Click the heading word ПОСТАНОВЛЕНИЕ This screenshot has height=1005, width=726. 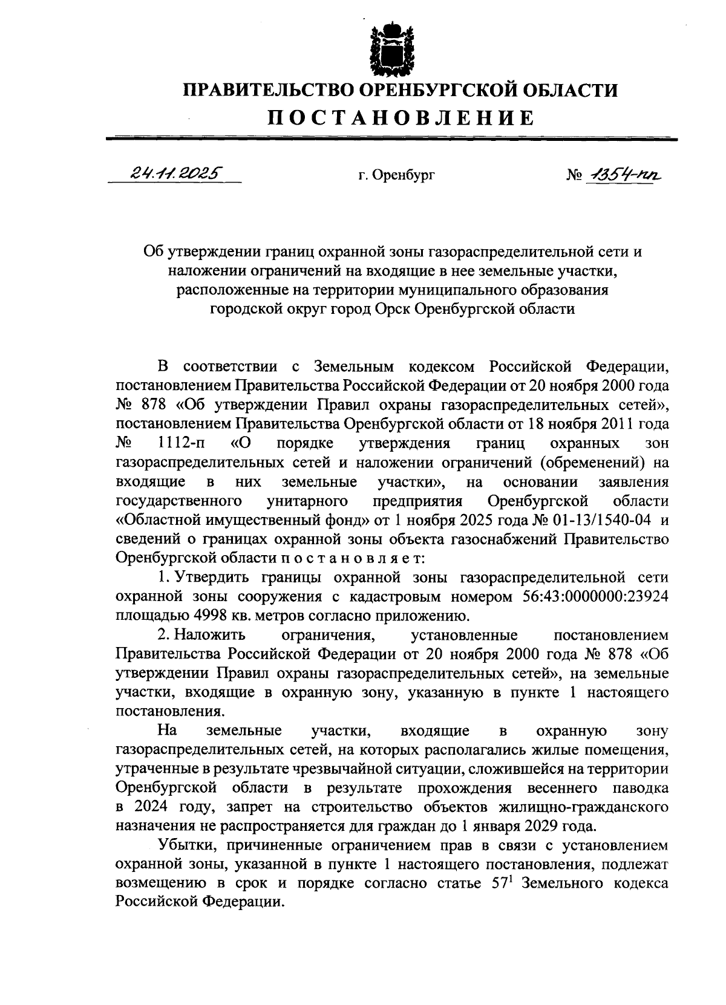click(401, 117)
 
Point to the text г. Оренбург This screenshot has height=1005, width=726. click(396, 176)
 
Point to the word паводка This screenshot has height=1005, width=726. click(639, 787)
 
